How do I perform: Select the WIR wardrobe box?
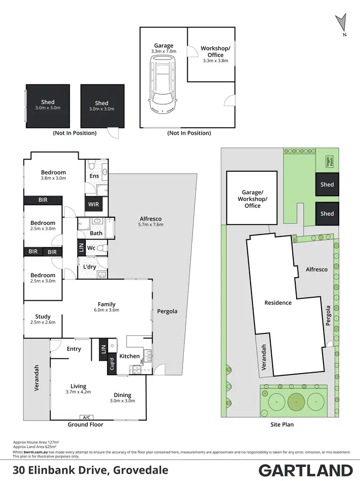coord(92,205)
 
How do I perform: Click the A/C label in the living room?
coord(87,417)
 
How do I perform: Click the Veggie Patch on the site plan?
coord(329,162)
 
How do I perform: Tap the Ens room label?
coord(94,176)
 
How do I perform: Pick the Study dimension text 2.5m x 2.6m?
coord(43,322)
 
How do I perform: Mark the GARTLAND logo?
coord(306,469)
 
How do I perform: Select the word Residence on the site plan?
coord(278,303)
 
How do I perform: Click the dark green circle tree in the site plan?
coord(296,401)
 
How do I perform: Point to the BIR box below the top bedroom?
coord(43,200)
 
